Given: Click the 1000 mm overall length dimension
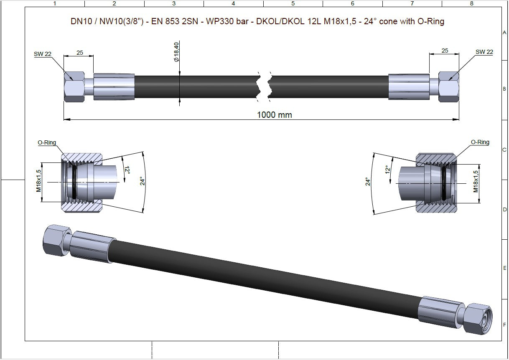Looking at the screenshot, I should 274,115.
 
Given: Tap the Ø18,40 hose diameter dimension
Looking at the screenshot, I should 176,52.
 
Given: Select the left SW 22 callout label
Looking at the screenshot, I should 43,53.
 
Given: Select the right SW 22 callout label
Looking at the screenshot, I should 484,52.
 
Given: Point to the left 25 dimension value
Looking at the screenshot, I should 79,53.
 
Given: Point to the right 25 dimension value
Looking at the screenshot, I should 445,51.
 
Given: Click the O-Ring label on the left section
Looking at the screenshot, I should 47,142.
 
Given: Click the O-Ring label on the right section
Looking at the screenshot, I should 480,142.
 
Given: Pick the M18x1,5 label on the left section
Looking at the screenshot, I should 39,180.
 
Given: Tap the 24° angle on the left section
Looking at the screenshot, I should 142,181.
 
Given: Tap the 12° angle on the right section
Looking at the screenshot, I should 387,170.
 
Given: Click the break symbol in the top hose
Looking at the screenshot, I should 264,87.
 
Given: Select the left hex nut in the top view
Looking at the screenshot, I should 74,87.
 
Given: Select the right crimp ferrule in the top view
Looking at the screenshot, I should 409,87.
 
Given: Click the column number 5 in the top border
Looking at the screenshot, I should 293,3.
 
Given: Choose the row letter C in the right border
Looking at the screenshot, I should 504,150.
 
